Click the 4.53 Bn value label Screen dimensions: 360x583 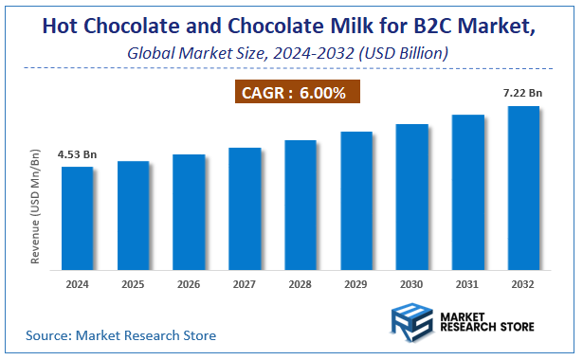point(77,153)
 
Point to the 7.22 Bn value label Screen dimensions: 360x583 point(523,93)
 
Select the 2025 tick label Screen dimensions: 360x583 point(133,283)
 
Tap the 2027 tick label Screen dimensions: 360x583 point(245,283)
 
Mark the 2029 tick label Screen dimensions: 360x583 point(355,283)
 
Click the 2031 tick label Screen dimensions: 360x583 point(467,283)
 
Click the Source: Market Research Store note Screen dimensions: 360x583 point(120,334)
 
